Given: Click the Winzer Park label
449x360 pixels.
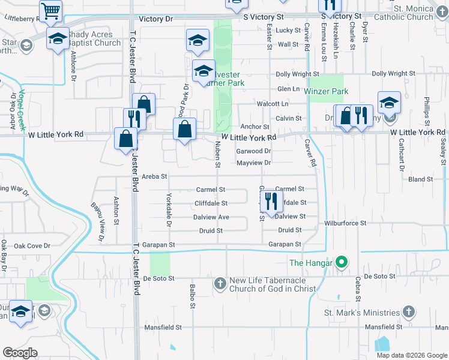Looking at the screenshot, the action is (326, 92).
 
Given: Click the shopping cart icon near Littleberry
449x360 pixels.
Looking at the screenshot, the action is (51, 10).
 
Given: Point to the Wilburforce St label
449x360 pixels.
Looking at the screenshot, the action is (345, 223).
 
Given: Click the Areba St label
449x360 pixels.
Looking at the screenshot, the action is (155, 176).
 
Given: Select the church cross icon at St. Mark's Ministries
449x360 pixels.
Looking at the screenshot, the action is (408, 311).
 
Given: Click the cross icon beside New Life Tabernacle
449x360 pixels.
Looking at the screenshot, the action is (220, 283).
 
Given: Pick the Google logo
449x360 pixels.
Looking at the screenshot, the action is (20, 352).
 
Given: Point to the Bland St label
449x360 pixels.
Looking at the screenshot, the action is (420, 179).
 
